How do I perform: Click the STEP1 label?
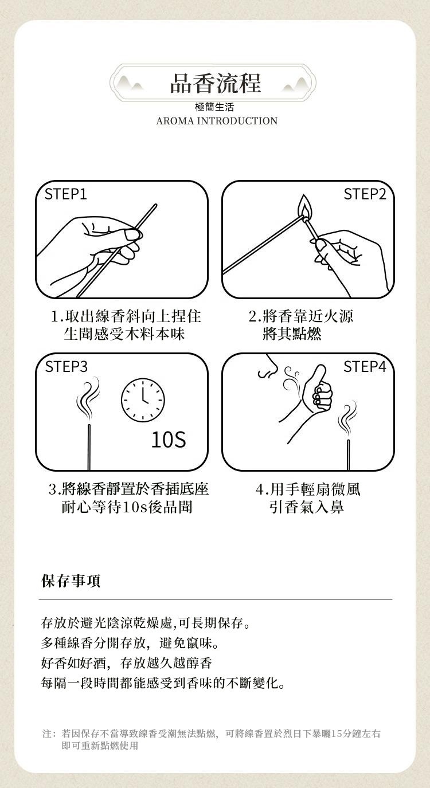click(66, 194)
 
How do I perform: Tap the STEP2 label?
click(365, 194)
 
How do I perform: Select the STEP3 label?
click(66, 367)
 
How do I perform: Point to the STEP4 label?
click(365, 367)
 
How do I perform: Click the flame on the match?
click(304, 207)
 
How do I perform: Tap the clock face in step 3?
click(143, 399)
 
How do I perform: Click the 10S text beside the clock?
click(169, 440)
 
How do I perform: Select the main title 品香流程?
click(216, 84)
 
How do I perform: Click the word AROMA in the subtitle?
click(175, 121)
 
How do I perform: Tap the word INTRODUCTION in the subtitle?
click(237, 121)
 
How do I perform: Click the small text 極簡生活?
click(214, 107)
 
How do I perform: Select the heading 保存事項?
click(71, 581)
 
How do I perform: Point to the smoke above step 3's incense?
click(87, 399)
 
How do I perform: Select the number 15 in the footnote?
click(337, 734)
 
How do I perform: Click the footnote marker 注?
click(47, 734)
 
